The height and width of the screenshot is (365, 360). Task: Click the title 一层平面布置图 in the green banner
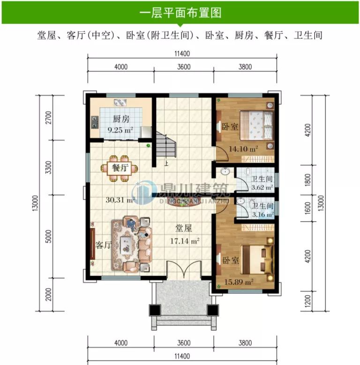pyautogui.click(x=180, y=13)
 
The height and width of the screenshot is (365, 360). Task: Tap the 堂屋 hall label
pyautogui.click(x=184, y=229)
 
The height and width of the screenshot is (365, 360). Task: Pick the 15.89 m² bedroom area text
pyautogui.click(x=239, y=282)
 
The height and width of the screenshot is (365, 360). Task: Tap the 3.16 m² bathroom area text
pyautogui.click(x=262, y=215)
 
